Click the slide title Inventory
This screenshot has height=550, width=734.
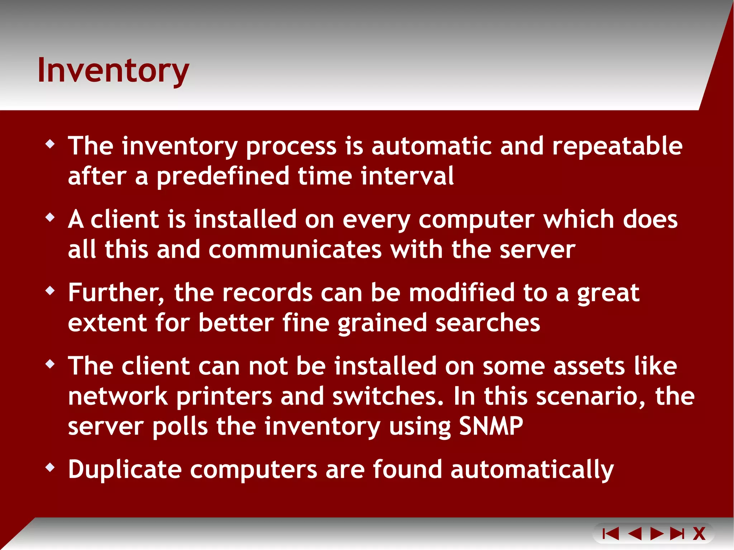[113, 71]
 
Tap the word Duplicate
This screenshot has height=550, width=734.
[125, 469]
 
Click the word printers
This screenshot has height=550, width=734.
[224, 396]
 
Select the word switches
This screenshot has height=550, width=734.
[388, 396]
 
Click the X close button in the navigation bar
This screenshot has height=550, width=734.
[699, 534]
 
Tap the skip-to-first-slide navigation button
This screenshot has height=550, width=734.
[611, 534]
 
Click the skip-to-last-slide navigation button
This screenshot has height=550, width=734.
[677, 534]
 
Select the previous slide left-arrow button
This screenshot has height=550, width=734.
[635, 534]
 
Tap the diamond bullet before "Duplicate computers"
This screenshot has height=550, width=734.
[50, 467]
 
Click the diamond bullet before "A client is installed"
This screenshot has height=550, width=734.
[50, 217]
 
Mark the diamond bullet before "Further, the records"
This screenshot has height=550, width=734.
[50, 291]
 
